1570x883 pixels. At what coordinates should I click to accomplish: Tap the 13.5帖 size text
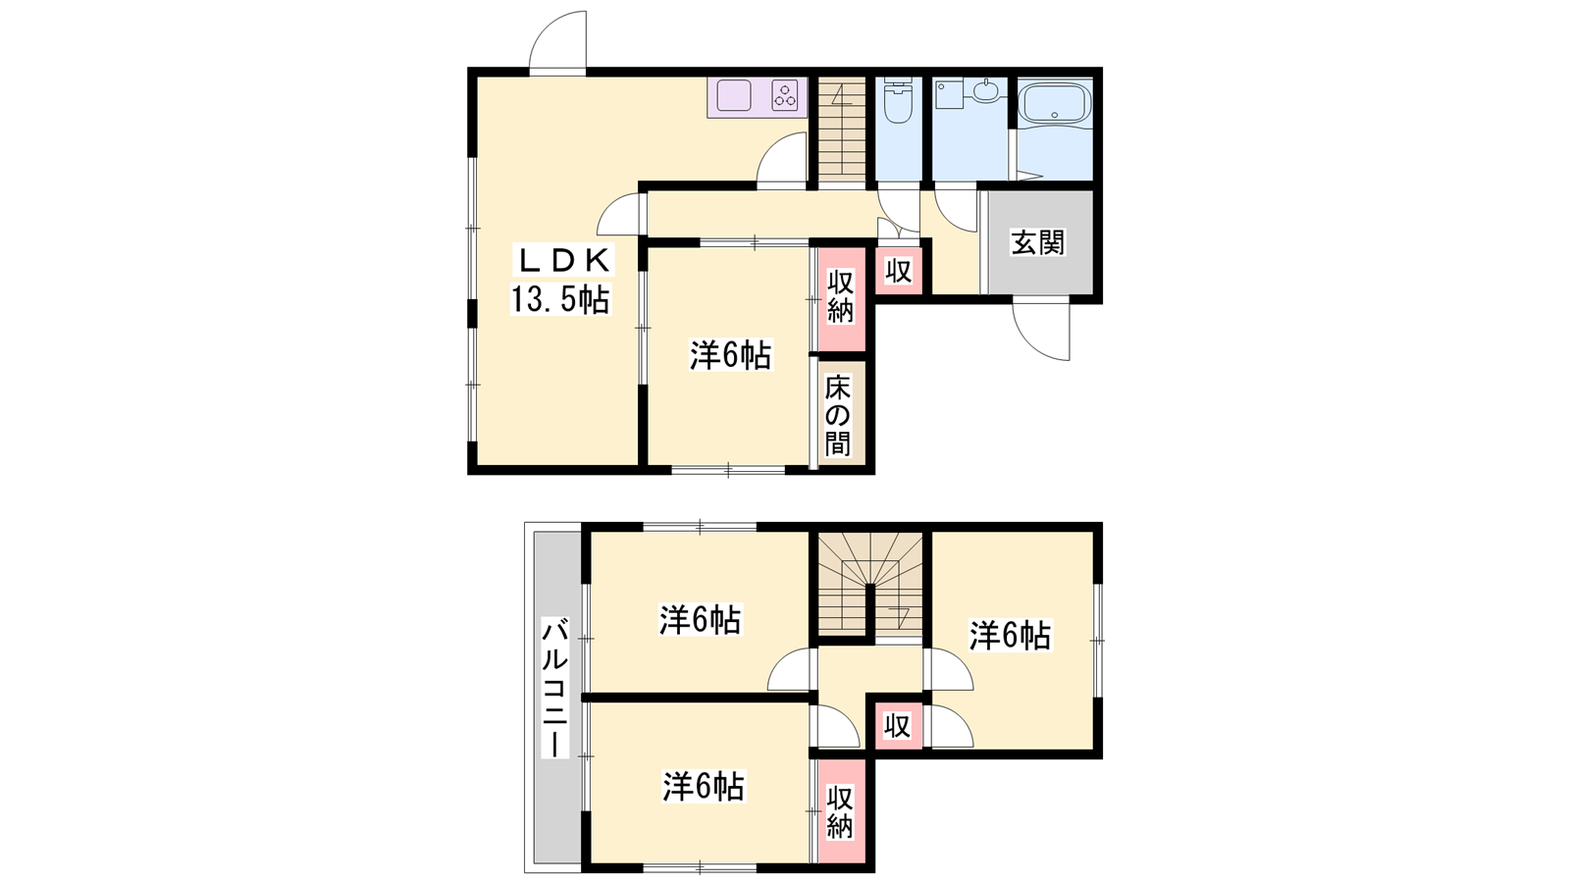560,299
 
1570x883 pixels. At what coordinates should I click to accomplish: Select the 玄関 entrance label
1037,242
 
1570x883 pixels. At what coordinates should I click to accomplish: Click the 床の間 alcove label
838,415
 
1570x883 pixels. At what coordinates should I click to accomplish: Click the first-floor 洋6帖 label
731,356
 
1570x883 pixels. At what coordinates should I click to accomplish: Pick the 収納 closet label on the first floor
840,296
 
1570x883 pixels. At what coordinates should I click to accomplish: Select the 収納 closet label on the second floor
839,813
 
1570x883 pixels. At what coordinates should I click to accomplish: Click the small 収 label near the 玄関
898,271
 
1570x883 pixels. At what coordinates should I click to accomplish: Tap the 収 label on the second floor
897,726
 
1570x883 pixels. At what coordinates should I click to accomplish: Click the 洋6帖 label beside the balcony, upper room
701,619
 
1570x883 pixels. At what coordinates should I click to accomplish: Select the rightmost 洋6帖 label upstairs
1010,637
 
